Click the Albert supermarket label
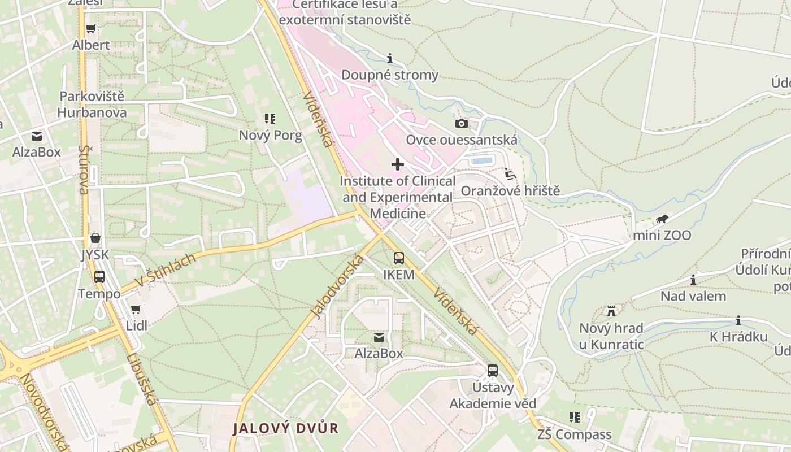pos(91,45)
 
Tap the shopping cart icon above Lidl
pos(136,309)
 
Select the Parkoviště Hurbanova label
pos(92,104)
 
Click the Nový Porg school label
pos(270,135)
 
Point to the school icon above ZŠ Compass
pos(575,418)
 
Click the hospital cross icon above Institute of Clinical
pos(398,164)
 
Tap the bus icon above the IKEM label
pos(399,258)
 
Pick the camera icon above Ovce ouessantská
pos(462,123)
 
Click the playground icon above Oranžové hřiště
pos(510,174)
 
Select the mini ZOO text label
pos(662,235)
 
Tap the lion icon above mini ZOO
pos(662,219)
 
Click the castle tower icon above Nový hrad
pos(611,311)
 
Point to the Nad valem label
pos(693,295)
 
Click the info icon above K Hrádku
pos(738,321)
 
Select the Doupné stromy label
pos(390,75)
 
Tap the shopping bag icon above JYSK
pos(95,238)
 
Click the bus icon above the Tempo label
pos(99,277)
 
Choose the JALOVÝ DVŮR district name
pos(286,428)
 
